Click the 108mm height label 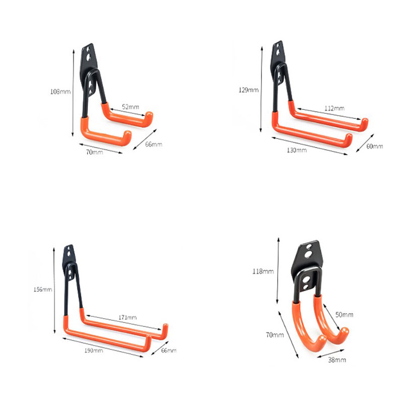pos(60,92)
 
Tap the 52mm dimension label pos(130,107)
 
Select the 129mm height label pos(248,90)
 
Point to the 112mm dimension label pos(334,108)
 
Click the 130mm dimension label pos(297,150)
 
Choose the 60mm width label pos(374,146)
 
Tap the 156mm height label pos(43,290)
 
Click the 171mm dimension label pos(127,317)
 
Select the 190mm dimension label pos(94,350)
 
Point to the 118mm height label pos(263,272)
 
